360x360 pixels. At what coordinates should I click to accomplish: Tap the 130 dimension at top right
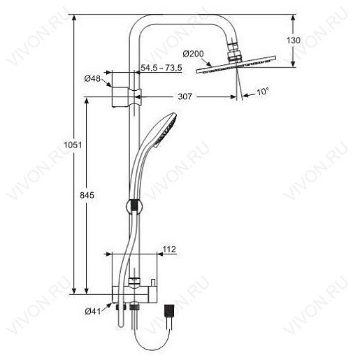point(294,41)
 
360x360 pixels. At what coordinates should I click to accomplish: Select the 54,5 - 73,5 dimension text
point(161,67)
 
